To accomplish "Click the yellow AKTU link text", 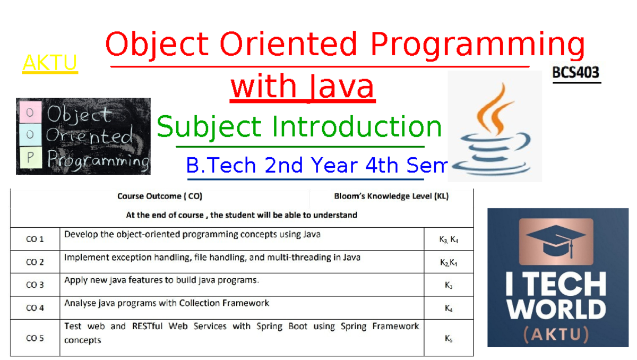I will (x=50, y=63).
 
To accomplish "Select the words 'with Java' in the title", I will (x=303, y=87).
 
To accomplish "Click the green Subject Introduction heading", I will (x=299, y=127).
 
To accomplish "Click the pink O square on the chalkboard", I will (x=30, y=112).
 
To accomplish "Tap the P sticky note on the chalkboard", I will (x=30, y=158).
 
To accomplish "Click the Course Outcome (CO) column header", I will (x=160, y=196).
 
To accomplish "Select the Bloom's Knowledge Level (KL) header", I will (x=391, y=196).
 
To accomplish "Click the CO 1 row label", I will (x=35, y=239).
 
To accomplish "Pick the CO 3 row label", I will (x=35, y=285).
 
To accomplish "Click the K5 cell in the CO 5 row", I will (x=449, y=338).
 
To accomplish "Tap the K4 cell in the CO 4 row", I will (x=449, y=308).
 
